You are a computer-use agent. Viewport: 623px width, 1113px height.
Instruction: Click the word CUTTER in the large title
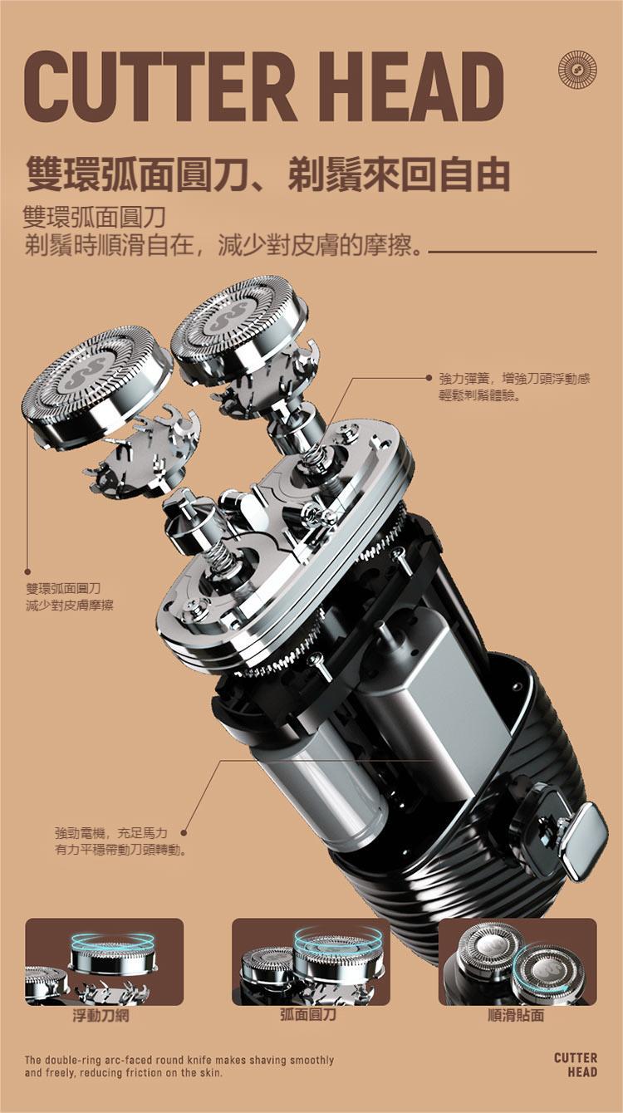[x=160, y=87]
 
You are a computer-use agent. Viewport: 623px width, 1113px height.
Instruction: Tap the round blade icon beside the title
[x=578, y=71]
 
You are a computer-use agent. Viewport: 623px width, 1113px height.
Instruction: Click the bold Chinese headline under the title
[x=268, y=174]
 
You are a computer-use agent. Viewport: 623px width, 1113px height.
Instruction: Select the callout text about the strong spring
[x=515, y=388]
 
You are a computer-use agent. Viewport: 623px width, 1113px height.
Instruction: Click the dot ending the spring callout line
[x=429, y=379]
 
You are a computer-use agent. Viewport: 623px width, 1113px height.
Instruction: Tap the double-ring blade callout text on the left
[x=70, y=596]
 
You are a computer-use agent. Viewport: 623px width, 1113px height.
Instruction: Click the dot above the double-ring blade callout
[x=27, y=572]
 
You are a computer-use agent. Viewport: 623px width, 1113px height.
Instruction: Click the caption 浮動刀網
[x=101, y=1015]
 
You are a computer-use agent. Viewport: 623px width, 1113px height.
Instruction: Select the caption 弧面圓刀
[x=308, y=1015]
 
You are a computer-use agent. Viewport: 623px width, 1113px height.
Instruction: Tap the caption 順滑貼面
[x=516, y=1015]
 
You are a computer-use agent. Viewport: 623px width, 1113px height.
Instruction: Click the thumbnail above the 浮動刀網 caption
[x=105, y=962]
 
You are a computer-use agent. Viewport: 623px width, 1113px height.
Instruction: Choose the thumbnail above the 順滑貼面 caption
[x=518, y=962]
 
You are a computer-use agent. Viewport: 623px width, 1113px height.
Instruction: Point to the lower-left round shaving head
[x=97, y=384]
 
